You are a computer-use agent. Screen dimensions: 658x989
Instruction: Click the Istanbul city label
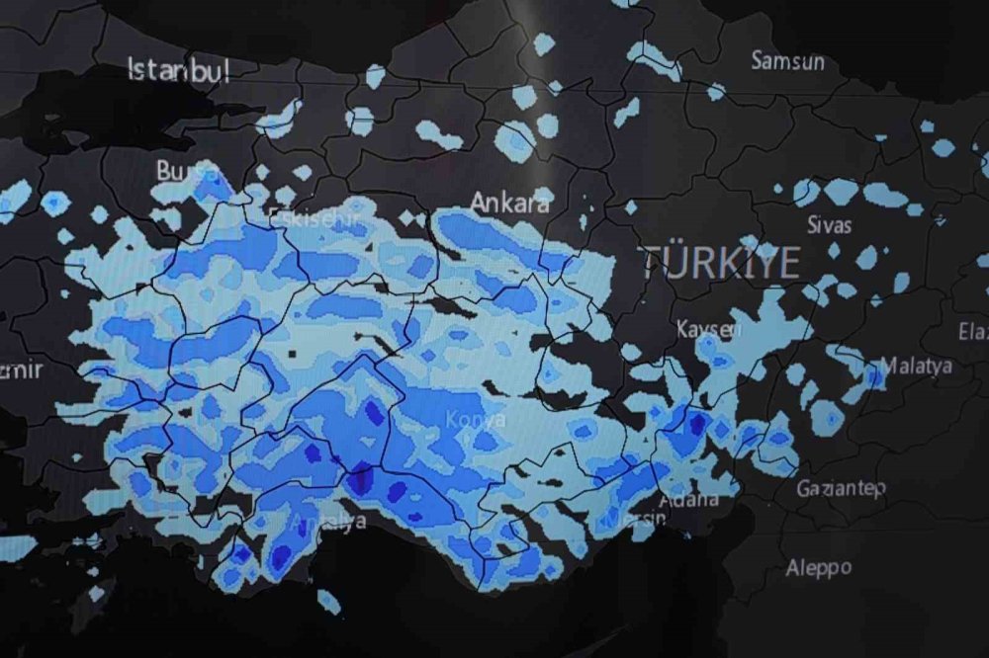(x=179, y=70)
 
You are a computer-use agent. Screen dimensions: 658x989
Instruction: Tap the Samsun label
(x=787, y=61)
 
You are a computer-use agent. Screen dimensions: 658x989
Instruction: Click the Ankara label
(x=509, y=203)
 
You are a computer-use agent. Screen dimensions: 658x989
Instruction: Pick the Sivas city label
(x=829, y=224)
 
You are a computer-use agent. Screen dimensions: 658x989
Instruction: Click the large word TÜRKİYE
(x=720, y=263)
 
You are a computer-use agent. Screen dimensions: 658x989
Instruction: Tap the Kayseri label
(x=708, y=329)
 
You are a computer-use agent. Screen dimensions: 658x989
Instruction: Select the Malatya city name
(x=916, y=366)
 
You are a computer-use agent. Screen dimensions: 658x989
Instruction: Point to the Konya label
(x=475, y=420)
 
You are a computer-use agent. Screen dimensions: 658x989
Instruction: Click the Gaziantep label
(x=841, y=488)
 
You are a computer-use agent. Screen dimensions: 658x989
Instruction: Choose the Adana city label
(x=688, y=499)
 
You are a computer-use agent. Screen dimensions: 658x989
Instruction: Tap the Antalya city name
(x=328, y=521)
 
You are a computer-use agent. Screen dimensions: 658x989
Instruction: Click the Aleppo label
(x=818, y=568)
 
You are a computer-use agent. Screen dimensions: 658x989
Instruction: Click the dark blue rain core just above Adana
(x=697, y=425)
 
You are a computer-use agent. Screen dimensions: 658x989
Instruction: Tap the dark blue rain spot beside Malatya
(x=874, y=376)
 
